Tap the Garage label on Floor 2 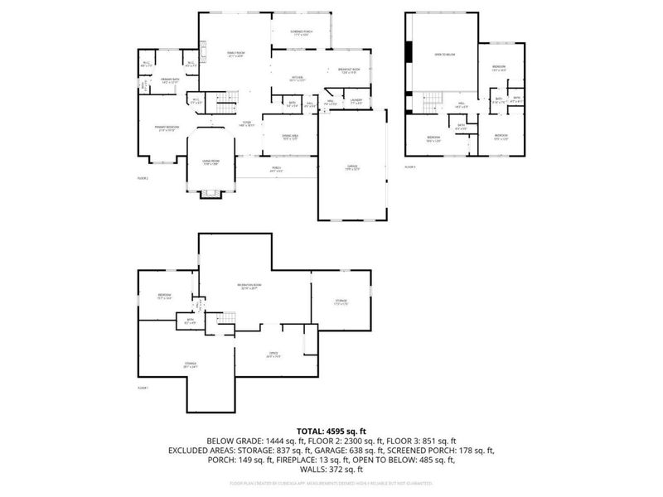coord(353,167)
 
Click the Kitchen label coord(297,79)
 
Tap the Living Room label coord(211,162)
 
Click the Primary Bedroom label coord(167,128)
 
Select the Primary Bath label coord(169,80)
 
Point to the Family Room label coord(235,54)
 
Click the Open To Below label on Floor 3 coord(445,55)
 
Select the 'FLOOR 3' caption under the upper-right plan coord(409,166)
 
